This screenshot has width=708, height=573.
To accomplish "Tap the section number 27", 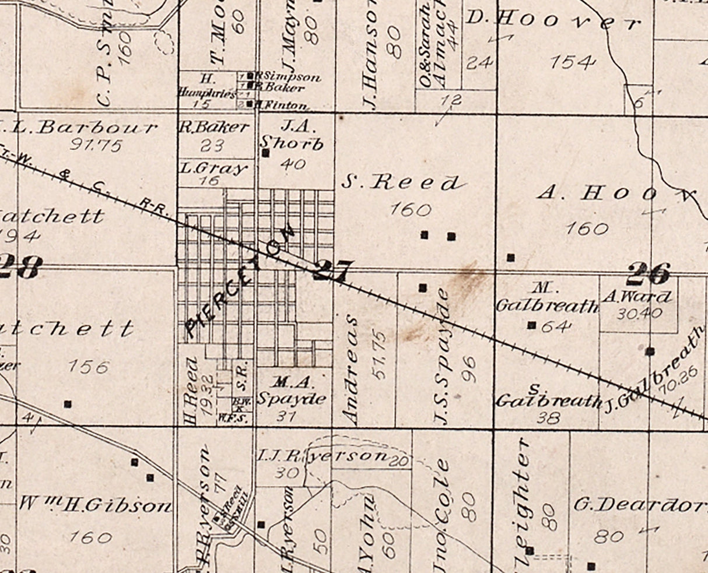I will (333, 270).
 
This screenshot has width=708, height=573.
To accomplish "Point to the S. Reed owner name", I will (400, 183).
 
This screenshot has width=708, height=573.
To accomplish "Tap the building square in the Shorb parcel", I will (265, 153).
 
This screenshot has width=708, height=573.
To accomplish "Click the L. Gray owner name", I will (213, 169).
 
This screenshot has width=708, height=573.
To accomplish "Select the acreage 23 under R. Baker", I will (211, 145).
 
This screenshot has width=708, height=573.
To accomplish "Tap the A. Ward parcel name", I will (637, 297).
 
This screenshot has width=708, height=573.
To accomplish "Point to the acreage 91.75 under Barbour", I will (96, 145).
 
